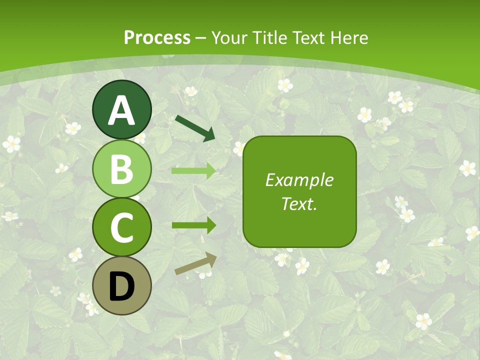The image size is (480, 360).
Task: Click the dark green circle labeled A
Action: coord(121,109)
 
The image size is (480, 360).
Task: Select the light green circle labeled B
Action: coord(121,168)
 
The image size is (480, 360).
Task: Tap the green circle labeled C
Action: coord(121,227)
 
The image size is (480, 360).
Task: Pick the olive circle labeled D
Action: coord(121,285)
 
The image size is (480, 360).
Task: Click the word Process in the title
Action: coord(157,38)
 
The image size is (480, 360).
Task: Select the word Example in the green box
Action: coord(299,180)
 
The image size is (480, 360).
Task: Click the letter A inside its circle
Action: coord(121,110)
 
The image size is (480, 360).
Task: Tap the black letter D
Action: coord(121,286)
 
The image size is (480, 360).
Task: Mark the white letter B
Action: coord(121,169)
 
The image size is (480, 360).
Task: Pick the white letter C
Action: coord(121,227)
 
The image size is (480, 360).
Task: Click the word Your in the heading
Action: coord(229,38)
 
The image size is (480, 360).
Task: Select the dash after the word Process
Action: coord(200,38)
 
